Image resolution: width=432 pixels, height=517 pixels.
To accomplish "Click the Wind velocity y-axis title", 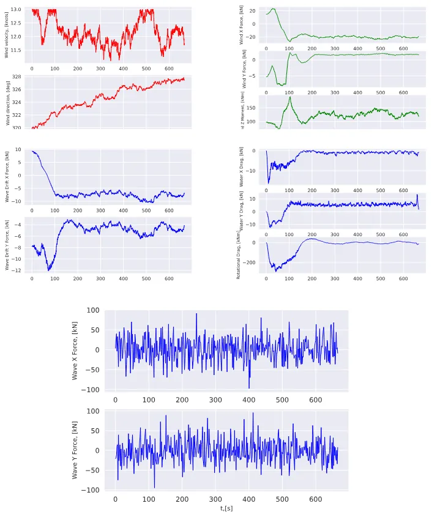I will click(7, 35).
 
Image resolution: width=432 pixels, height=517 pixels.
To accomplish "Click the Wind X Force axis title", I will click(242, 25).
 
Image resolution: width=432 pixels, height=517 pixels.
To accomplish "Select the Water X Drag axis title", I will click(242, 166).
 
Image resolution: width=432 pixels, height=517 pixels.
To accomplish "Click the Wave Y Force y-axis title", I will click(75, 451).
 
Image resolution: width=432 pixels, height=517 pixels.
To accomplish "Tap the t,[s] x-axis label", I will click(226, 508).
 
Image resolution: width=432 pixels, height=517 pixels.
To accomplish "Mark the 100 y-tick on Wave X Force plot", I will click(92, 310).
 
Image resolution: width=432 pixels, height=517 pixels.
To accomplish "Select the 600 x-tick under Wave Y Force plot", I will click(315, 499).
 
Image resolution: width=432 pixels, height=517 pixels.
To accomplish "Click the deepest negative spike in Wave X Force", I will click(249, 387).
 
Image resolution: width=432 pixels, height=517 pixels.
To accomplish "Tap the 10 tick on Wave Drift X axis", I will click(18, 150).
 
